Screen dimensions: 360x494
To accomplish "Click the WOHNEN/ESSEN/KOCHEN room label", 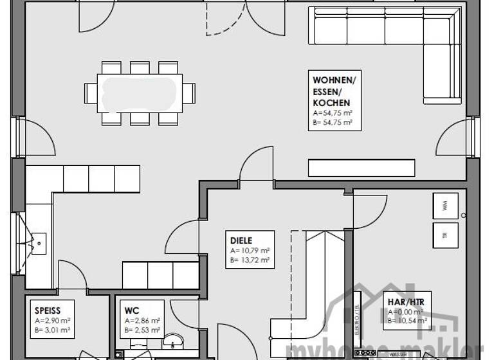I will (333, 91).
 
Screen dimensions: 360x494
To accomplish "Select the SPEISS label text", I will (47, 310).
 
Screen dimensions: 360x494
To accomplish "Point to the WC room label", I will (132, 310).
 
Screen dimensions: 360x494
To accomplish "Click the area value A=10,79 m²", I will (250, 251).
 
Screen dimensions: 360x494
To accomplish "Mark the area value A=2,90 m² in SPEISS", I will (52, 320).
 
